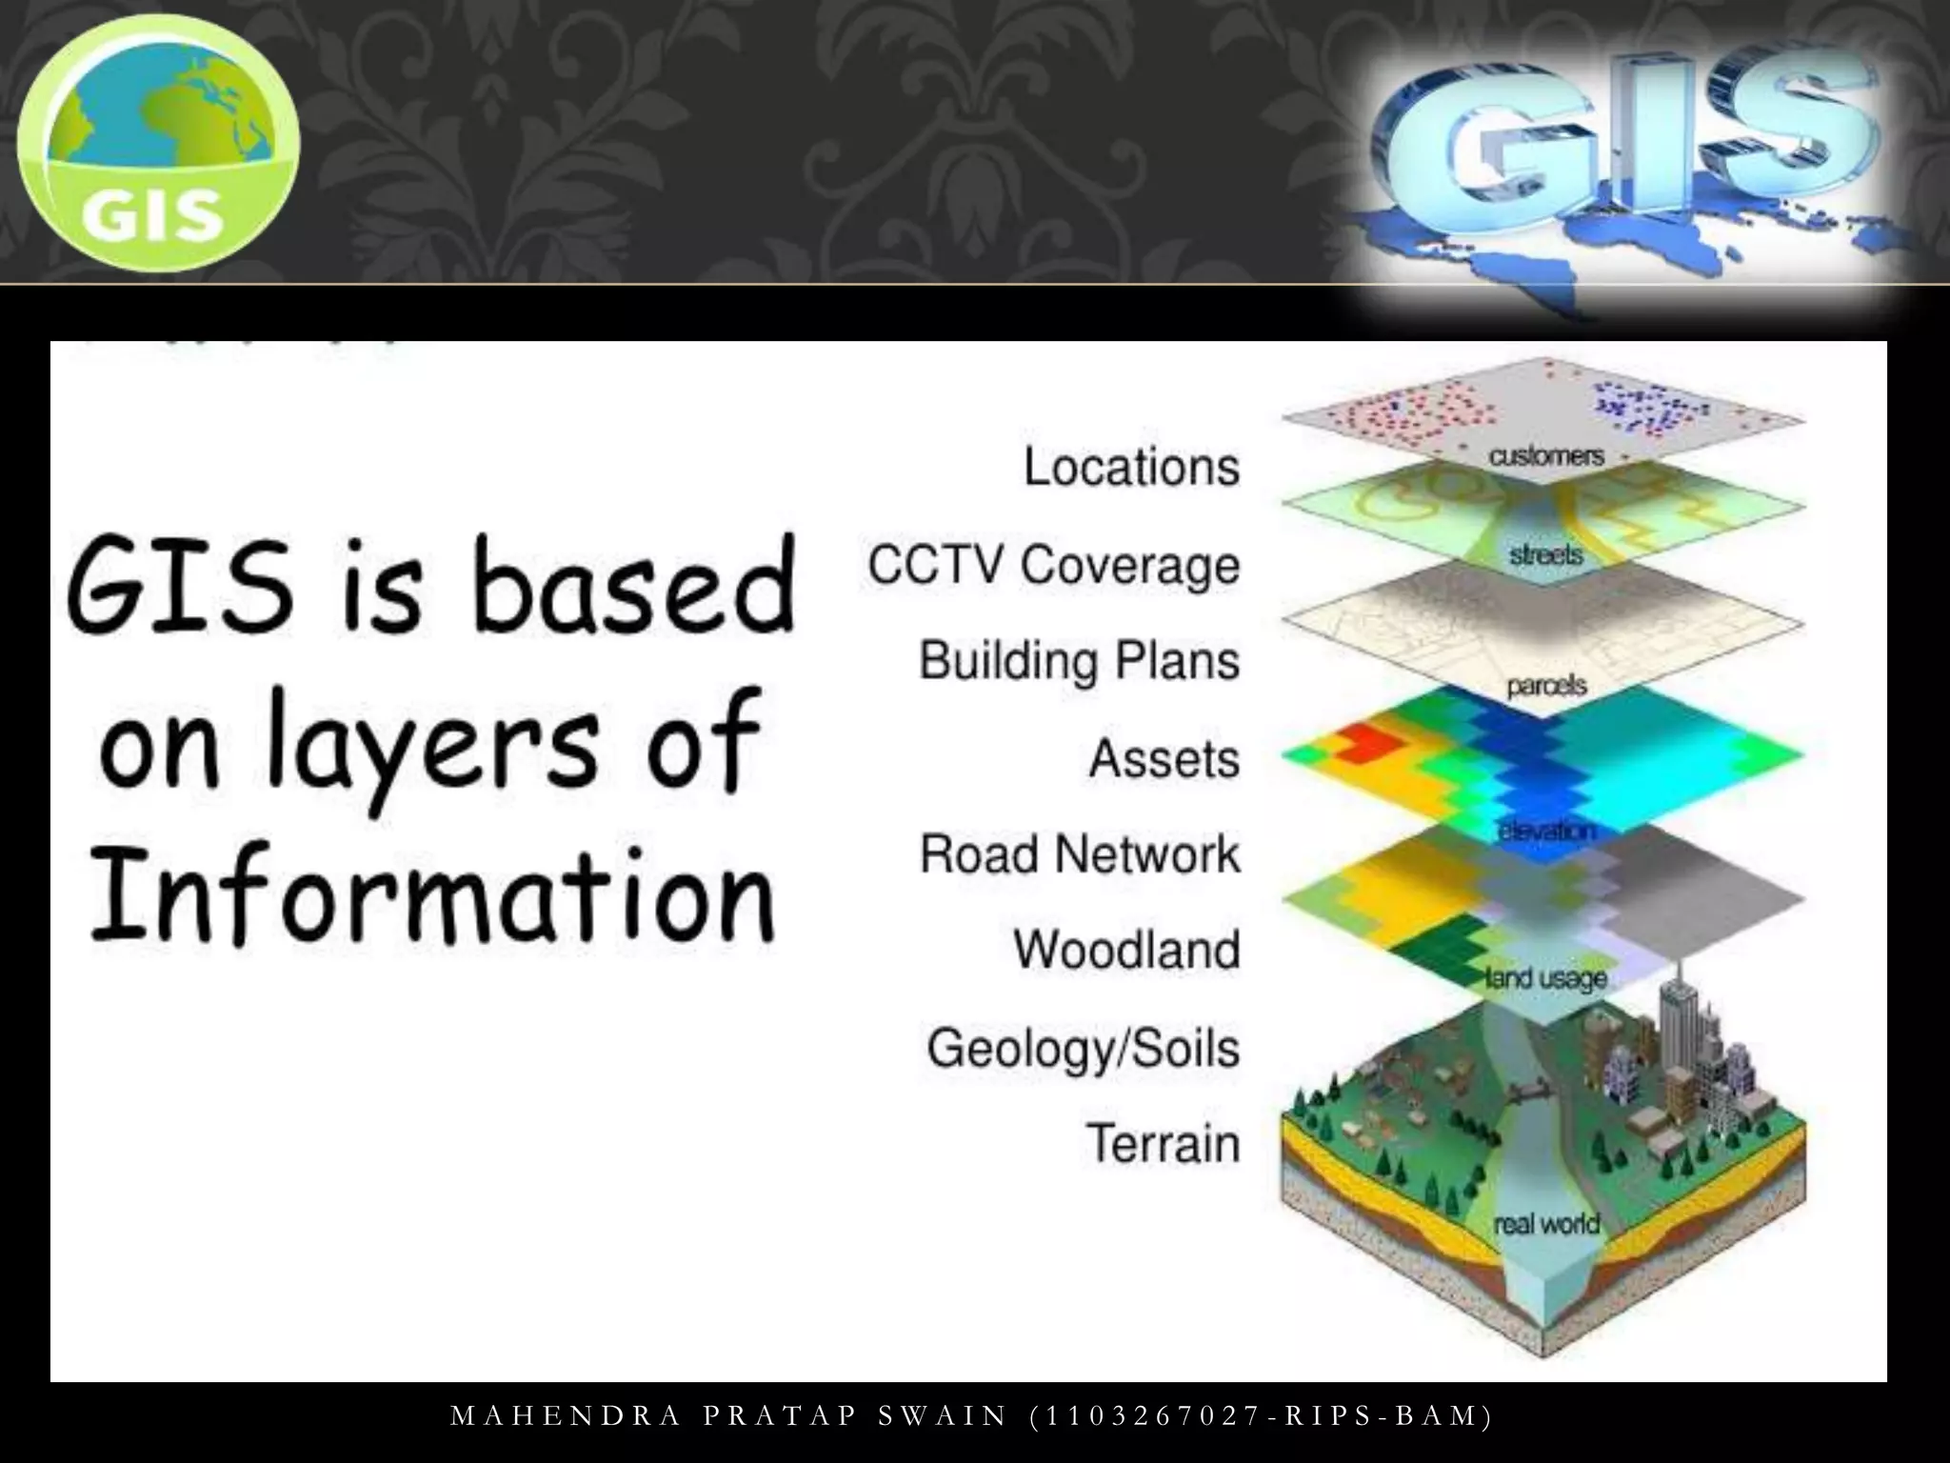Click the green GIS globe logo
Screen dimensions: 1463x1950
pyautogui.click(x=158, y=143)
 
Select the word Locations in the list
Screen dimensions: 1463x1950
pyautogui.click(x=1131, y=467)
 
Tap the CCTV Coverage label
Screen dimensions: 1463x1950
pyautogui.click(x=1053, y=564)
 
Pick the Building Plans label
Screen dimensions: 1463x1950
pyautogui.click(x=1079, y=661)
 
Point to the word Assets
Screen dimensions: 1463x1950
pyautogui.click(x=1164, y=759)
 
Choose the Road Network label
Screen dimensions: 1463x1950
pyautogui.click(x=1080, y=853)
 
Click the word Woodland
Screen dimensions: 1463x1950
pyautogui.click(x=1126, y=950)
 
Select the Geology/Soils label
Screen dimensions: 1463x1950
pyautogui.click(x=1084, y=1048)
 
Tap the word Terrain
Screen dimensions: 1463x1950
pyautogui.click(x=1163, y=1143)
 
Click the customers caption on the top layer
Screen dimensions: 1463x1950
pyautogui.click(x=1546, y=456)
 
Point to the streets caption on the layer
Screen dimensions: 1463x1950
pyautogui.click(x=1545, y=554)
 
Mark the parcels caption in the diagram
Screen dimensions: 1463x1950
pyautogui.click(x=1546, y=685)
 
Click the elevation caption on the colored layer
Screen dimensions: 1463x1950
pyautogui.click(x=1546, y=831)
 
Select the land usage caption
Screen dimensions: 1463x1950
pyautogui.click(x=1546, y=977)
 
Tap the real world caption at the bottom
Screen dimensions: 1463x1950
pyautogui.click(x=1546, y=1223)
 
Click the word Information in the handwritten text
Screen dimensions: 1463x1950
pyautogui.click(x=433, y=895)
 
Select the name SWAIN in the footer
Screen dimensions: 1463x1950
pyautogui.click(x=943, y=1416)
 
